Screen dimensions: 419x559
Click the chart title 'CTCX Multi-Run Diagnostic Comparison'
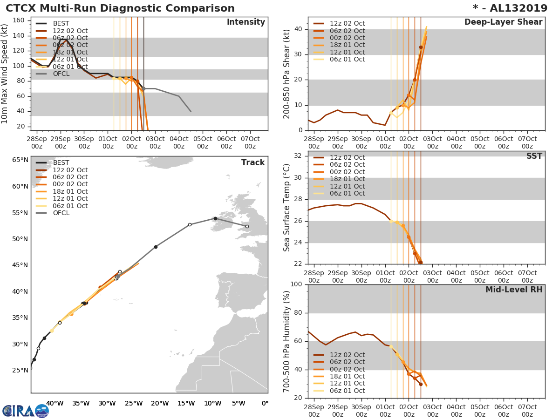pyautogui.click(x=120, y=8)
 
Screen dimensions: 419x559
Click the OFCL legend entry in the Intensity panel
pyautogui.click(x=61, y=74)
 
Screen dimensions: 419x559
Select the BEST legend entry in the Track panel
pyautogui.click(x=61, y=162)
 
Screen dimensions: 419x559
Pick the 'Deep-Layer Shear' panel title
pyautogui.click(x=503, y=22)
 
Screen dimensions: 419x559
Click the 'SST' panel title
pyautogui.click(x=534, y=156)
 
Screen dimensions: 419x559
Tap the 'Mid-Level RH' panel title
pyautogui.click(x=513, y=290)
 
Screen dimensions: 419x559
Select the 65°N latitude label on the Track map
pyautogui.click(x=20, y=160)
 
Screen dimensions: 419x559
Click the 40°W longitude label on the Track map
pyautogui.click(x=55, y=403)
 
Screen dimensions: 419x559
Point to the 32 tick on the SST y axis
pyautogui.click(x=297, y=156)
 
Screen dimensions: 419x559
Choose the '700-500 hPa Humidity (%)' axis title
pyautogui.click(x=287, y=341)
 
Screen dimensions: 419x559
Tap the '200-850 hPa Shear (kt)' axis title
pyautogui.click(x=287, y=74)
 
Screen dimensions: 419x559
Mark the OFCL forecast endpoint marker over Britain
pyautogui.click(x=247, y=226)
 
